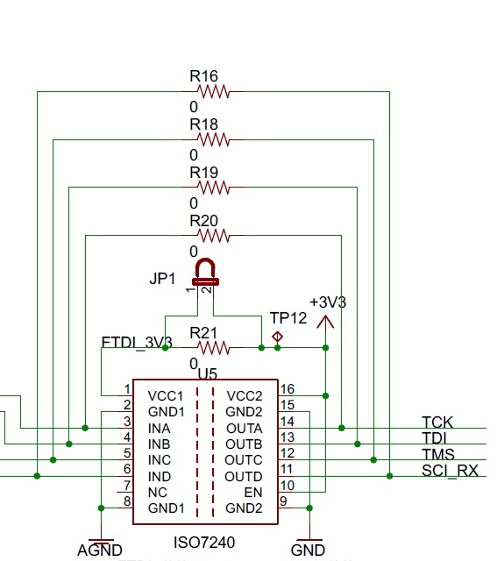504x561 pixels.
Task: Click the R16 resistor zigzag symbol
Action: click(213, 91)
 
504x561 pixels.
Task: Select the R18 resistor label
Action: click(203, 124)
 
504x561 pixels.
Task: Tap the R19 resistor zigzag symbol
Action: click(213, 187)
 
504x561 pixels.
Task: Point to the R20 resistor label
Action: click(203, 221)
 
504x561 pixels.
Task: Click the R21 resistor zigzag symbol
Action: click(213, 348)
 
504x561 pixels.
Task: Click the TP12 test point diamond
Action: click(277, 337)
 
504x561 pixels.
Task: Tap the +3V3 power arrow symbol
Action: click(325, 322)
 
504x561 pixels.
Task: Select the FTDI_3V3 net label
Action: click(137, 343)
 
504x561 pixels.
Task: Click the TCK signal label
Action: click(437, 423)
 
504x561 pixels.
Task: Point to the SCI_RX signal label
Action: click(450, 471)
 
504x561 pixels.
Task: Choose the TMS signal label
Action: click(438, 454)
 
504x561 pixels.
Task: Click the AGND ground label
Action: click(100, 550)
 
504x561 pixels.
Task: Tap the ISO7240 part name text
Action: click(204, 543)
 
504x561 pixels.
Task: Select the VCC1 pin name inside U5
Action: click(166, 396)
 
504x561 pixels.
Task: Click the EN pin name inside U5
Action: click(253, 493)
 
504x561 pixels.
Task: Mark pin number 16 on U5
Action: click(287, 389)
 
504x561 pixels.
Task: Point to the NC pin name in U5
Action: click(158, 493)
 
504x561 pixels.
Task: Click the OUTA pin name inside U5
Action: click(245, 429)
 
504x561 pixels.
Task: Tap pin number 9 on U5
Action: click(283, 501)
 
